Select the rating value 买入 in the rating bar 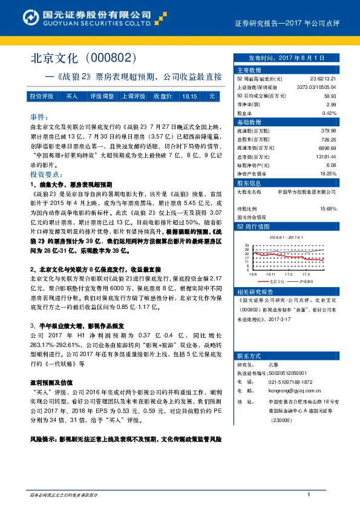pyautogui.click(x=72, y=96)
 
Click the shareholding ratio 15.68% pyautogui.click(x=328, y=209)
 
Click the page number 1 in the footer pyautogui.click(x=309, y=496)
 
